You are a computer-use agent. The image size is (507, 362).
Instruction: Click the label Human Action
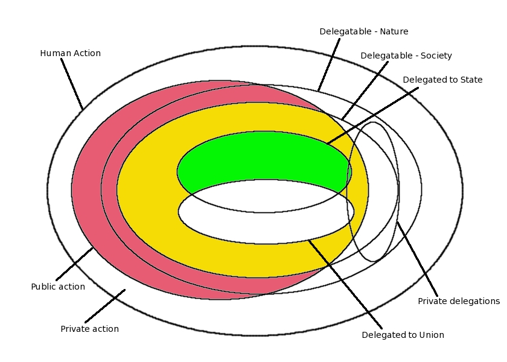(x=70, y=54)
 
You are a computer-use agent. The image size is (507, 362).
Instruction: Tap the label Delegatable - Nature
(x=364, y=31)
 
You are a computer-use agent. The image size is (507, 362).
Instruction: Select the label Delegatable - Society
(x=406, y=56)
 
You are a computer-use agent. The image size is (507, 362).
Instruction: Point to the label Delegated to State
(x=442, y=80)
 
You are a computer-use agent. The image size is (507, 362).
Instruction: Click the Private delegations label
(x=459, y=301)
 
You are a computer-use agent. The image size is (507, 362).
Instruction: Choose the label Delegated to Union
(x=403, y=335)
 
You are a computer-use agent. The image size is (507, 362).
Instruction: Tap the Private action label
(x=89, y=329)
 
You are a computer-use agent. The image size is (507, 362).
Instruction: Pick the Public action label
(x=58, y=287)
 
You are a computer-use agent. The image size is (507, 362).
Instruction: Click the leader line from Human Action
(x=72, y=84)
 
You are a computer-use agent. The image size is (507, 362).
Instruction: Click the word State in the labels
(x=470, y=80)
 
